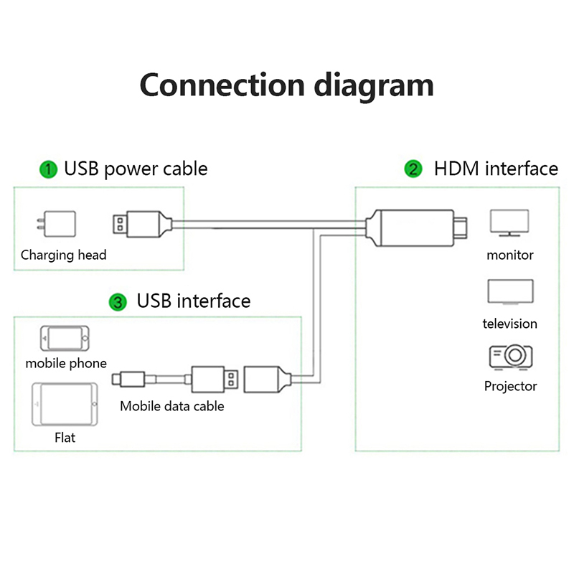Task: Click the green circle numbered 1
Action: (x=48, y=169)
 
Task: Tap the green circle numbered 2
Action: (x=413, y=169)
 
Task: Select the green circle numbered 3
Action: (x=118, y=302)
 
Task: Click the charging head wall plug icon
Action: (x=57, y=224)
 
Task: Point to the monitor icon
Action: (x=509, y=222)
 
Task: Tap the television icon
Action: (x=510, y=292)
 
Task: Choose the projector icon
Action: (x=511, y=357)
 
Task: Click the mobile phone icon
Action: (x=65, y=338)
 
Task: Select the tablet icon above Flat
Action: (x=65, y=404)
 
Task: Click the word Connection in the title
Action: (x=222, y=85)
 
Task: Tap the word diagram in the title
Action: (x=374, y=86)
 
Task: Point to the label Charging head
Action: (x=63, y=255)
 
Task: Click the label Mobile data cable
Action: (x=172, y=406)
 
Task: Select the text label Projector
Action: (x=510, y=386)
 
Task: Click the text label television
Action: (x=509, y=324)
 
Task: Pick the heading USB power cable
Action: (x=136, y=169)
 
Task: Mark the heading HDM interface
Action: (x=496, y=169)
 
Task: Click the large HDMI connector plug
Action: (x=416, y=227)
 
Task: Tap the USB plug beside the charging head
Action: (x=142, y=224)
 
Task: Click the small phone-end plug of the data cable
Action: (x=128, y=380)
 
